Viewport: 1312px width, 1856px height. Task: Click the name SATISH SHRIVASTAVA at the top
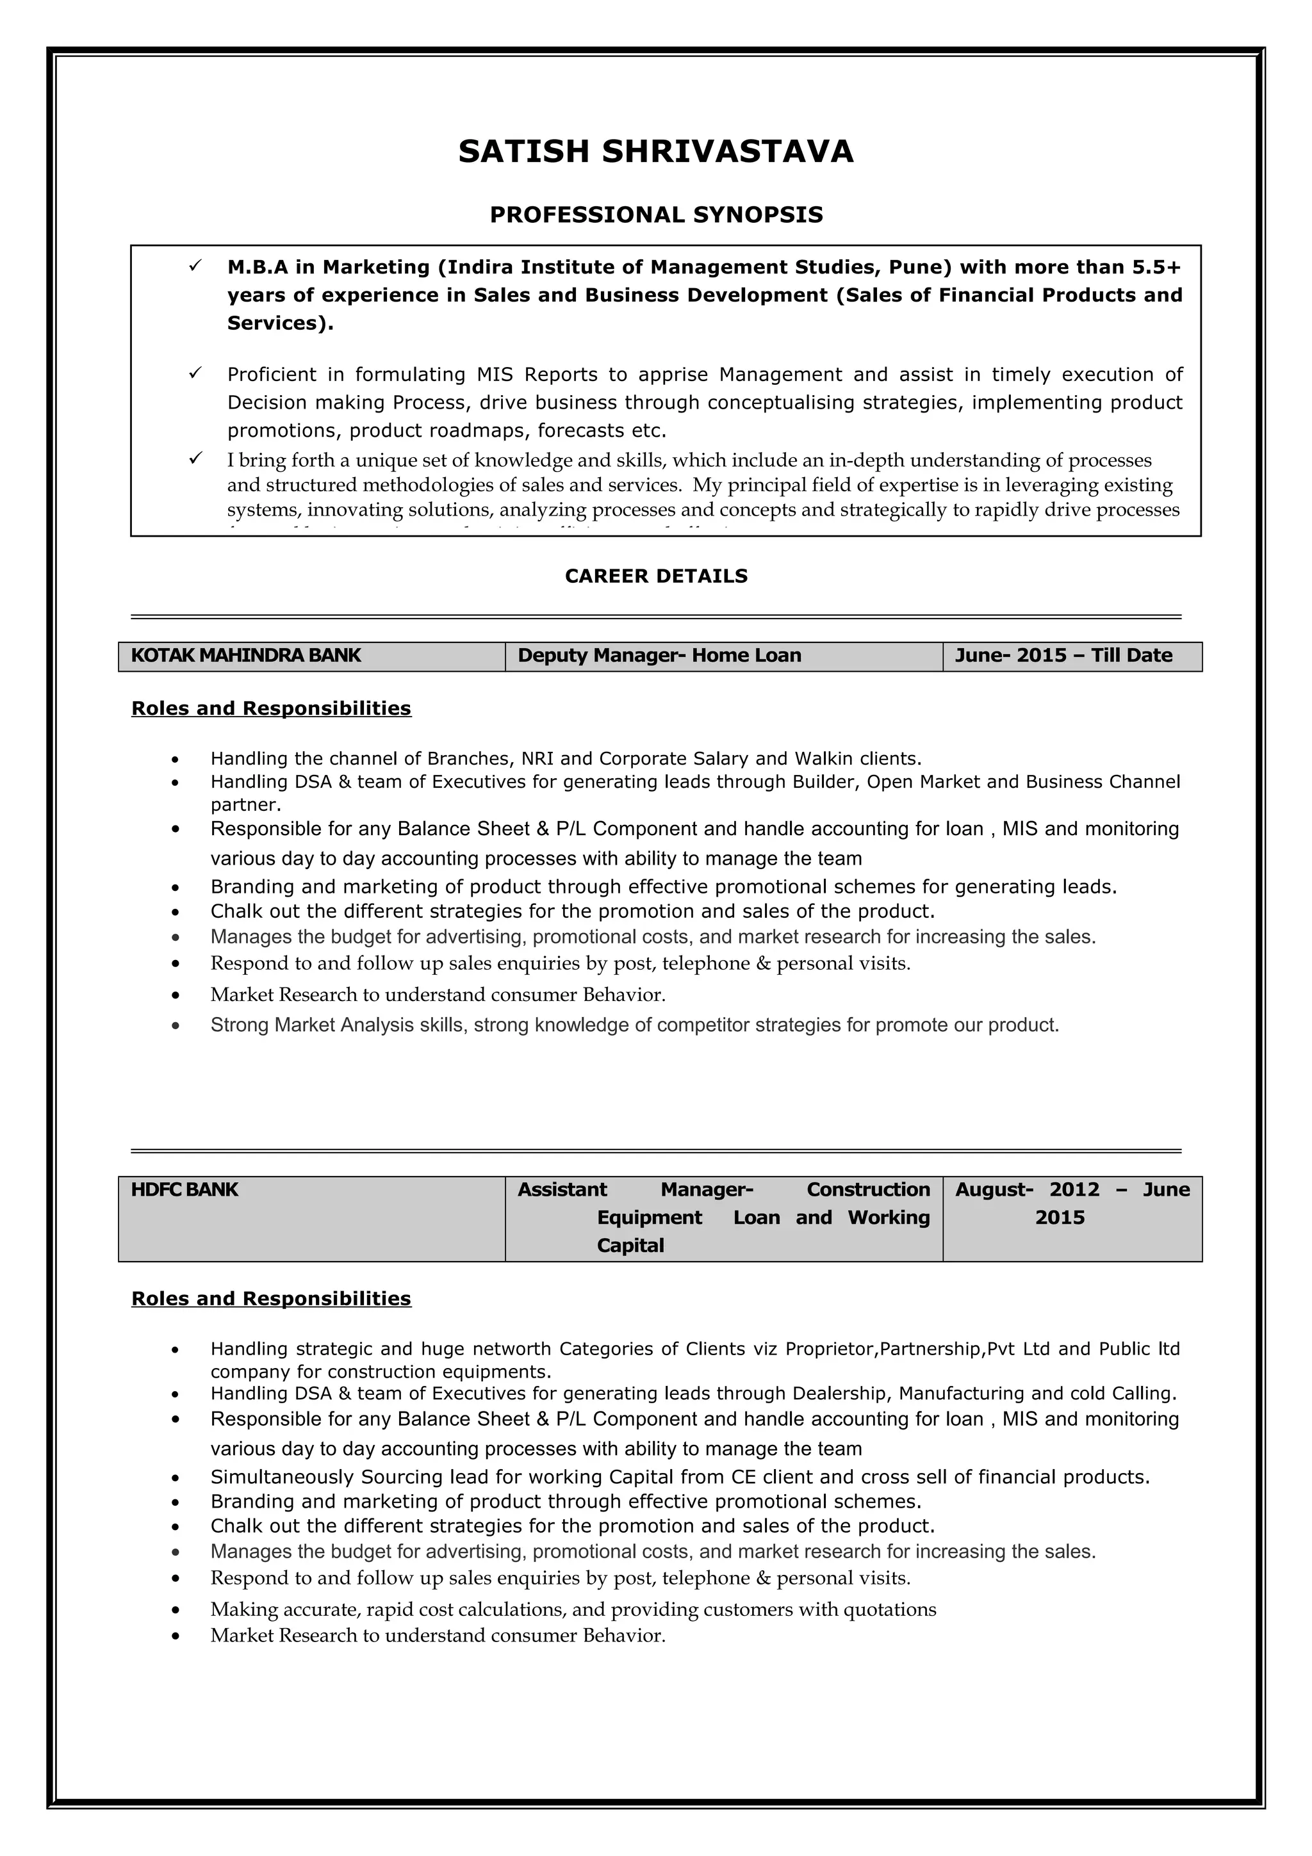(x=655, y=152)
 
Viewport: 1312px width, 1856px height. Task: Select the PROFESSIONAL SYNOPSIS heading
(x=655, y=215)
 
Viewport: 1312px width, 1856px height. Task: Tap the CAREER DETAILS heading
(x=655, y=576)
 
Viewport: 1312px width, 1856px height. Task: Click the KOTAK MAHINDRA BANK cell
(x=311, y=656)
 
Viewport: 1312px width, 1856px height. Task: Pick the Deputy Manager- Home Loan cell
(x=723, y=656)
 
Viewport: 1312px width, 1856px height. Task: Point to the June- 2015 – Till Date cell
(x=1071, y=656)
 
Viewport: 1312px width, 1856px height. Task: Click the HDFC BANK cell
(x=311, y=1217)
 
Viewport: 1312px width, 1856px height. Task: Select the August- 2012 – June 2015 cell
(x=1071, y=1203)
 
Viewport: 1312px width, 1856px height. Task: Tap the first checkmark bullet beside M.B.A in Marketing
(x=195, y=265)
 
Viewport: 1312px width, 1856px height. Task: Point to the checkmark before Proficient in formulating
(x=195, y=373)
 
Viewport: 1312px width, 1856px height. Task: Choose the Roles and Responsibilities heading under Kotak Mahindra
(x=271, y=709)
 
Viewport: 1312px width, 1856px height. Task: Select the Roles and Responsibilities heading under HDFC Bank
(x=271, y=1299)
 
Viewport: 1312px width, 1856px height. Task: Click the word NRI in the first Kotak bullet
(x=537, y=759)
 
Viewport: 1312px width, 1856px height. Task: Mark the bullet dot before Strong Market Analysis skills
(x=176, y=1027)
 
